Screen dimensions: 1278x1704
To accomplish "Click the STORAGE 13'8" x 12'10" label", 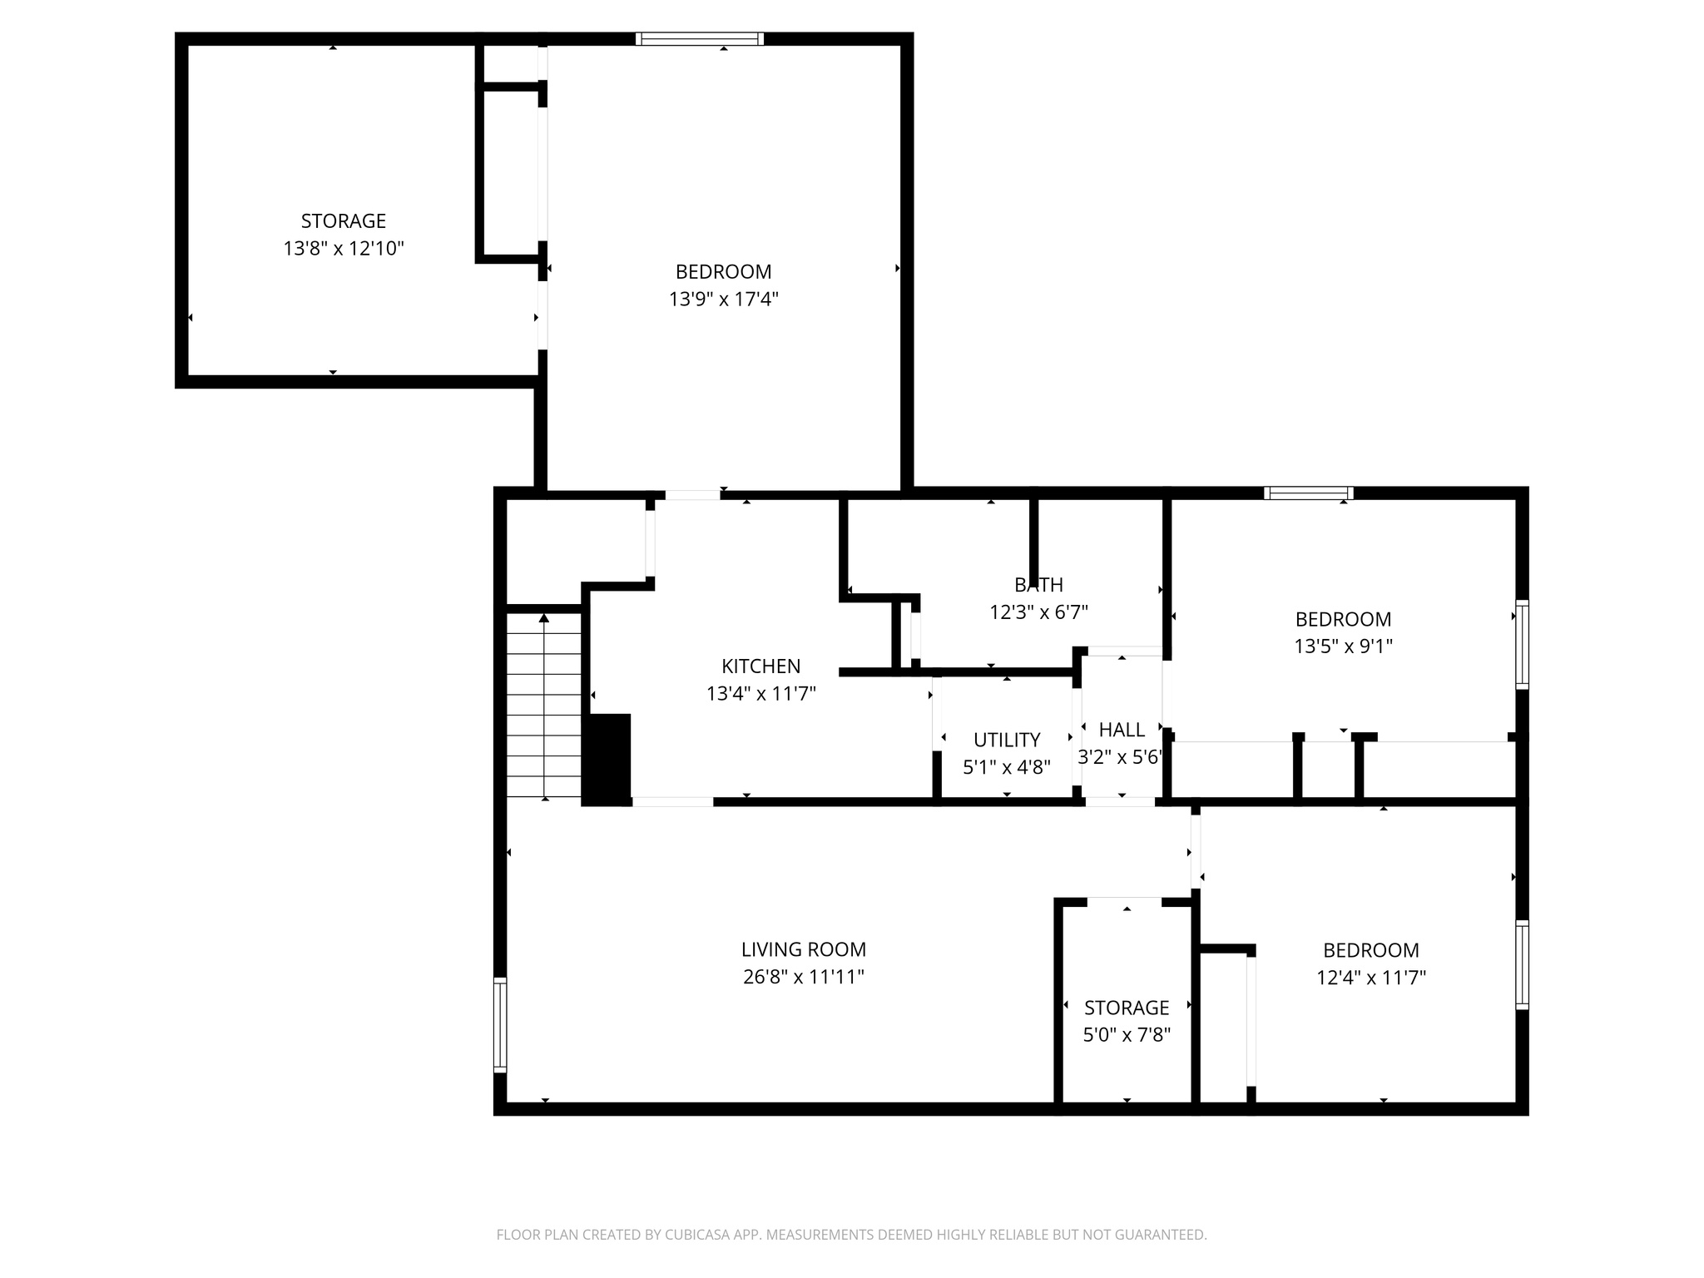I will pos(343,221).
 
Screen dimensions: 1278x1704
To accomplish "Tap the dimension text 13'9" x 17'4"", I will pos(723,299).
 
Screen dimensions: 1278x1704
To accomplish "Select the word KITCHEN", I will pos(760,666).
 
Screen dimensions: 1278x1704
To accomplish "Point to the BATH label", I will pos(1038,585).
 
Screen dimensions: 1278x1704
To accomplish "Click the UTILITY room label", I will pos(1007,740).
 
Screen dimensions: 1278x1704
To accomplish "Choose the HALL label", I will pos(1122,730).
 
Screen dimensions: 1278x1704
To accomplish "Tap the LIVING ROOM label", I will pos(804,949).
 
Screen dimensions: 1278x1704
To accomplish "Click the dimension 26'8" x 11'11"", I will pos(804,977).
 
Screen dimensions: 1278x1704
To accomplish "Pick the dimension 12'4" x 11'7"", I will pos(1370,978).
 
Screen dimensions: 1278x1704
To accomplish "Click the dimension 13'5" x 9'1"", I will pos(1343,646).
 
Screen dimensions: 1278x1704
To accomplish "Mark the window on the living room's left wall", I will pos(500,1025).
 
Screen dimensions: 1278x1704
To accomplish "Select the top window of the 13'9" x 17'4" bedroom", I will pos(699,38).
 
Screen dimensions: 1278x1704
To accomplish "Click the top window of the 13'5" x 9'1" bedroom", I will pos(1308,493).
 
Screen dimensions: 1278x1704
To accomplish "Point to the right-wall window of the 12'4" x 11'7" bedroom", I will pos(1522,965).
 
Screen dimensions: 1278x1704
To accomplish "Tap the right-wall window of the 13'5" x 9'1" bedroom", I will pos(1522,645).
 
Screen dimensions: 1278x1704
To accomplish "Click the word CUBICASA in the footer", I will pos(699,1235).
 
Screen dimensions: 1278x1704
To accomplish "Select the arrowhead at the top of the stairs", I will pos(544,618).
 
